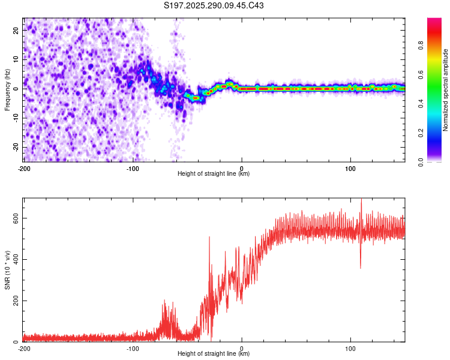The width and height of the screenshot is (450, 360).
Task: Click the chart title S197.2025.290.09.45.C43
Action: (x=214, y=6)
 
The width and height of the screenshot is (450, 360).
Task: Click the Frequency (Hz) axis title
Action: (x=7, y=89)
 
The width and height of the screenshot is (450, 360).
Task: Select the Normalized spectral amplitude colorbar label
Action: (x=446, y=90)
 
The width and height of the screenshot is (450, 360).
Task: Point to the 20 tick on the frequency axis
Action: (x=17, y=30)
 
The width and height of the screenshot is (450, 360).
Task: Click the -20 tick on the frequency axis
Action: (x=16, y=148)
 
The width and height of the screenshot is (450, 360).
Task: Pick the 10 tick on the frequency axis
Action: (x=17, y=59)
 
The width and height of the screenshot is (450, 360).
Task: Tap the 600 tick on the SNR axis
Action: (x=14, y=218)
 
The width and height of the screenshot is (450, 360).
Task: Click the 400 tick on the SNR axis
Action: (x=14, y=260)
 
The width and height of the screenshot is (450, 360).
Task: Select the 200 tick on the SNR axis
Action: (x=14, y=301)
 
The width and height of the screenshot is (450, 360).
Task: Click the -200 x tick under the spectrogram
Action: (x=23, y=167)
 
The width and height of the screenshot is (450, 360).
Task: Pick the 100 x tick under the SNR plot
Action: (x=350, y=348)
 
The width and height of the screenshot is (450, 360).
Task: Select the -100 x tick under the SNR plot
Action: (x=133, y=348)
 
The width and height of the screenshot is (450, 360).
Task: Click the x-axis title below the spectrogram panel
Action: (x=214, y=174)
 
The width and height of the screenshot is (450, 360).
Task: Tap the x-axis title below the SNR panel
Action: (x=214, y=354)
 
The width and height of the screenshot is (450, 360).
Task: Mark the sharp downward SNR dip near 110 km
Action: (x=360, y=267)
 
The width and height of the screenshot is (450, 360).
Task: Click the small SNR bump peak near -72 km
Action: (x=164, y=304)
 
